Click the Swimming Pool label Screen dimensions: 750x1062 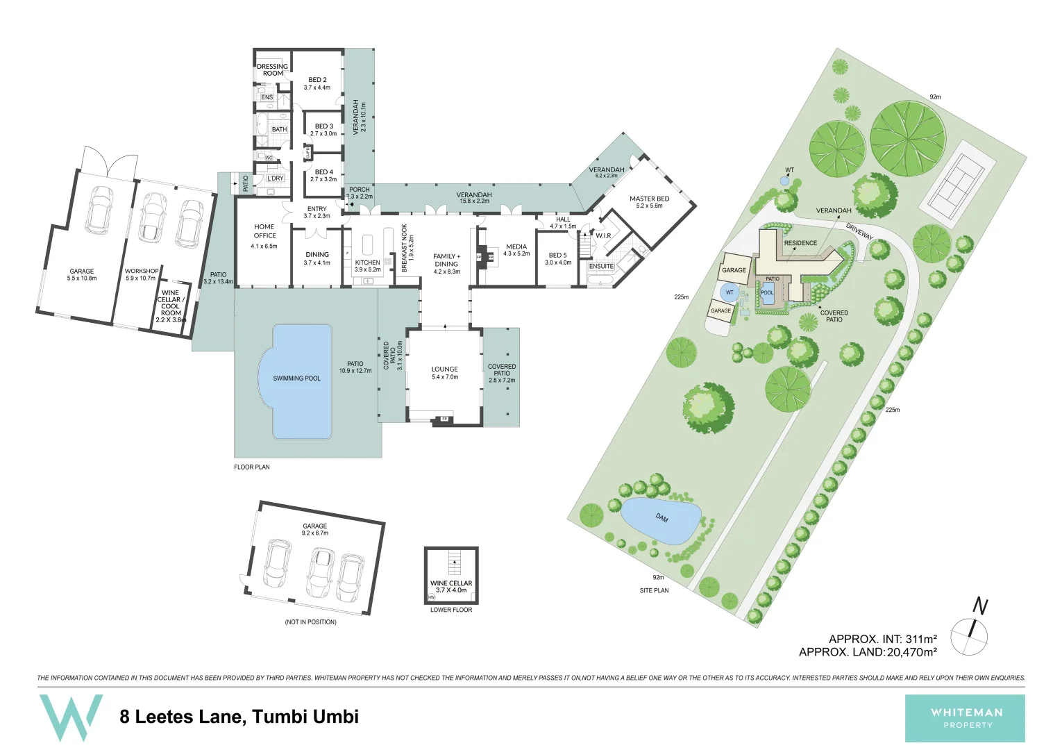(x=296, y=378)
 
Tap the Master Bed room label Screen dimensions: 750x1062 (x=649, y=199)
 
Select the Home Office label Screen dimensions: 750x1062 (x=264, y=231)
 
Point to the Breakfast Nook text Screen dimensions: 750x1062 (x=405, y=247)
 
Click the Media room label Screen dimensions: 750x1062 (x=516, y=247)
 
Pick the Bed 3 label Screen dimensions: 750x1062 (x=323, y=126)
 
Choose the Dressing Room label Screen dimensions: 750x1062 (x=272, y=70)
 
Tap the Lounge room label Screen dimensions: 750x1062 (x=444, y=369)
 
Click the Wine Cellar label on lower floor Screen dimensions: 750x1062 (x=451, y=583)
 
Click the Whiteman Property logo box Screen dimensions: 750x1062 (x=964, y=718)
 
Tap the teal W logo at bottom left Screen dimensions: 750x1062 (x=71, y=717)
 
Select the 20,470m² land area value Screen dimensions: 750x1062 (x=911, y=652)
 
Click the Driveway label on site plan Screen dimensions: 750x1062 (x=859, y=231)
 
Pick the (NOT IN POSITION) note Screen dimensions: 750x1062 (x=310, y=622)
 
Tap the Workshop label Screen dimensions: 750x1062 (x=141, y=272)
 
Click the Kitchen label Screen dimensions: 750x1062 (x=367, y=262)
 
